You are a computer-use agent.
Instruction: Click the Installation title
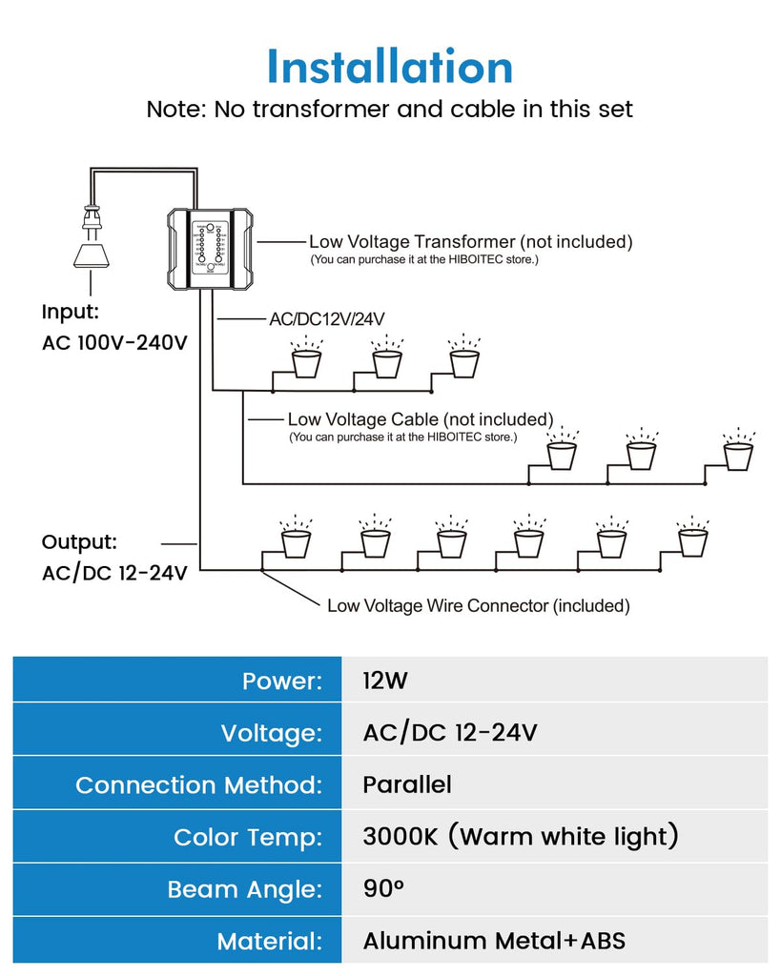tap(390, 66)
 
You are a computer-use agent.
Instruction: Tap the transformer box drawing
tap(211, 249)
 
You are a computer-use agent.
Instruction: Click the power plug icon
tap(91, 237)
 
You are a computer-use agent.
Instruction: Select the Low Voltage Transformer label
tap(470, 241)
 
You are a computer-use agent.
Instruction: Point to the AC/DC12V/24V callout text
tap(327, 319)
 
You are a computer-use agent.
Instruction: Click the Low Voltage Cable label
tap(421, 419)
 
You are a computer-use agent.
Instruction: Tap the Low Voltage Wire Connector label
tap(479, 605)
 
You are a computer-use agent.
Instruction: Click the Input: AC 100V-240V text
tap(114, 327)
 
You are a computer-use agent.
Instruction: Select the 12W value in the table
tap(385, 681)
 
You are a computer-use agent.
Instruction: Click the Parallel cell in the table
tap(406, 784)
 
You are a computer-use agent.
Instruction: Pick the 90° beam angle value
tap(383, 888)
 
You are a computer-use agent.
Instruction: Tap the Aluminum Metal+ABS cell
tap(494, 941)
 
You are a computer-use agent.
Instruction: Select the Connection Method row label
tap(198, 785)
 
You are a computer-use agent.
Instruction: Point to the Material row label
tap(269, 941)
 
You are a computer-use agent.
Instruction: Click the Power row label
tap(282, 681)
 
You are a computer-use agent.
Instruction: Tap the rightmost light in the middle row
tap(738, 450)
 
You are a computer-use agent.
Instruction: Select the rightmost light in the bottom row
tap(692, 537)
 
